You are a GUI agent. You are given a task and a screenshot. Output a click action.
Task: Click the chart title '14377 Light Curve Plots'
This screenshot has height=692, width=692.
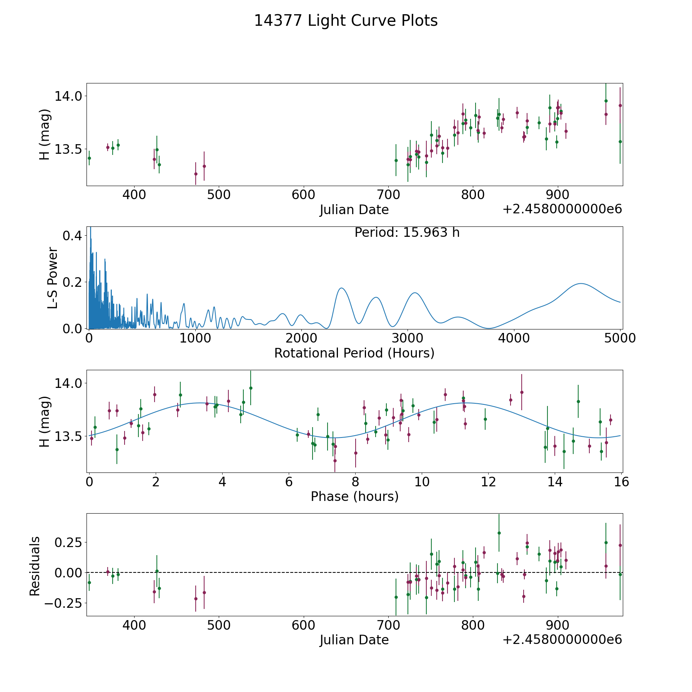pyautogui.click(x=346, y=21)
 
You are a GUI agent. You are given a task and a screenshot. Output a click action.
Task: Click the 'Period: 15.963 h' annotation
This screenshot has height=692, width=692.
pyautogui.click(x=407, y=233)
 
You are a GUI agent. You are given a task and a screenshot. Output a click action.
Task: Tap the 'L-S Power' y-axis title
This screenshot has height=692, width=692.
pyautogui.click(x=53, y=278)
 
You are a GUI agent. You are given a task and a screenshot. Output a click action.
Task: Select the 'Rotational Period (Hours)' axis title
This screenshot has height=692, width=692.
pyautogui.click(x=354, y=353)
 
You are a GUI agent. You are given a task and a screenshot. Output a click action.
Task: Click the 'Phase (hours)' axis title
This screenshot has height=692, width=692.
pyautogui.click(x=354, y=496)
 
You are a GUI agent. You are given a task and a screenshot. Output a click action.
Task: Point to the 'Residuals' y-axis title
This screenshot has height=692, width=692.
pyautogui.click(x=35, y=566)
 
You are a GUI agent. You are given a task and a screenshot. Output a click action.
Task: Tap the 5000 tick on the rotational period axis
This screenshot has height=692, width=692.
pyautogui.click(x=620, y=338)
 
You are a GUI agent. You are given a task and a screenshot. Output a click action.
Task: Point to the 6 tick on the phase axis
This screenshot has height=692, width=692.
pyautogui.click(x=289, y=482)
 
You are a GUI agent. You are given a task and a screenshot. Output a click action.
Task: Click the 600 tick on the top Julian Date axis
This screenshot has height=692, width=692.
pyautogui.click(x=303, y=195)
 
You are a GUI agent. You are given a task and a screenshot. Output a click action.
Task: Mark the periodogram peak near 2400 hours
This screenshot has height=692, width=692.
pyautogui.click(x=341, y=288)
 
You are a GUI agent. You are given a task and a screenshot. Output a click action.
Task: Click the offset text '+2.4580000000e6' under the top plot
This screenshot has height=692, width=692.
pyautogui.click(x=562, y=209)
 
